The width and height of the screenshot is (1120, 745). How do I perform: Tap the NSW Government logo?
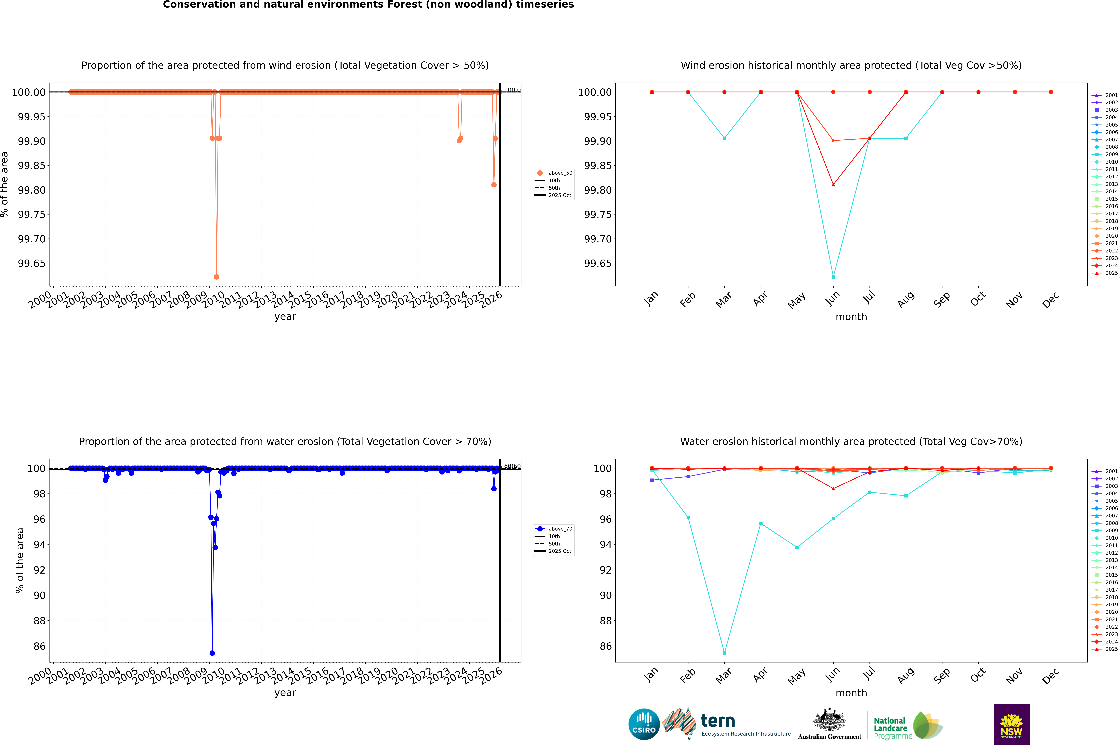(x=1011, y=724)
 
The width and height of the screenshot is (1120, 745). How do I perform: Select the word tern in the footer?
(x=718, y=721)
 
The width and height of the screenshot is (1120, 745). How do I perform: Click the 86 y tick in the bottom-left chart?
(x=39, y=646)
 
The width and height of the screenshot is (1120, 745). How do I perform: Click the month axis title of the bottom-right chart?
(x=851, y=693)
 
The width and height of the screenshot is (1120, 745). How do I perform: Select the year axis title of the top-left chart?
(x=285, y=316)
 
